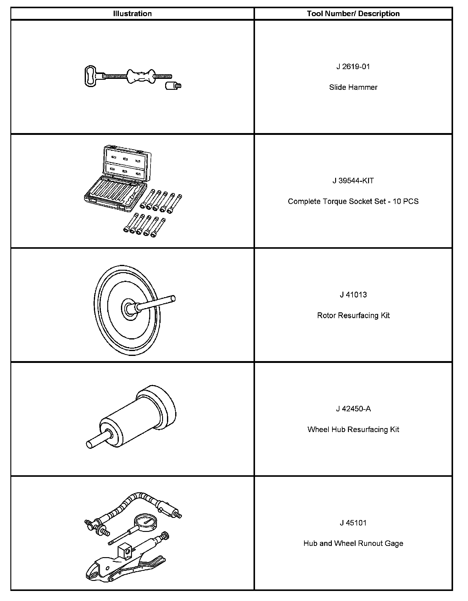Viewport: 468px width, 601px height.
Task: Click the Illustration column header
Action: pyautogui.click(x=132, y=14)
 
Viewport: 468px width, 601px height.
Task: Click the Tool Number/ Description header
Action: pyautogui.click(x=353, y=14)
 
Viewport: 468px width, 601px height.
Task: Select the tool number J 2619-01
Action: pyautogui.click(x=353, y=67)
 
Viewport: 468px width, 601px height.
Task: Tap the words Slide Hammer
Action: pyautogui.click(x=353, y=87)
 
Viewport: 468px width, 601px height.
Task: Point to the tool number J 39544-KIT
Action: pyautogui.click(x=353, y=181)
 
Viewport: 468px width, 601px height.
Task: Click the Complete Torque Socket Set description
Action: pyautogui.click(x=353, y=202)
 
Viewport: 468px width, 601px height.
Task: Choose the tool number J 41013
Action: pyautogui.click(x=353, y=295)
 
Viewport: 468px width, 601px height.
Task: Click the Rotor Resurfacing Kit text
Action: pyautogui.click(x=353, y=315)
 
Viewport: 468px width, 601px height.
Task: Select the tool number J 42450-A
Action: pyautogui.click(x=353, y=409)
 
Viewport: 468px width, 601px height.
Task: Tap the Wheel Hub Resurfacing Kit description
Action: pyautogui.click(x=353, y=430)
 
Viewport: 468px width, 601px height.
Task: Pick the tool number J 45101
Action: pyautogui.click(x=353, y=523)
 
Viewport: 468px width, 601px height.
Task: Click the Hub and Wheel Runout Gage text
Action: pyautogui.click(x=353, y=543)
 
